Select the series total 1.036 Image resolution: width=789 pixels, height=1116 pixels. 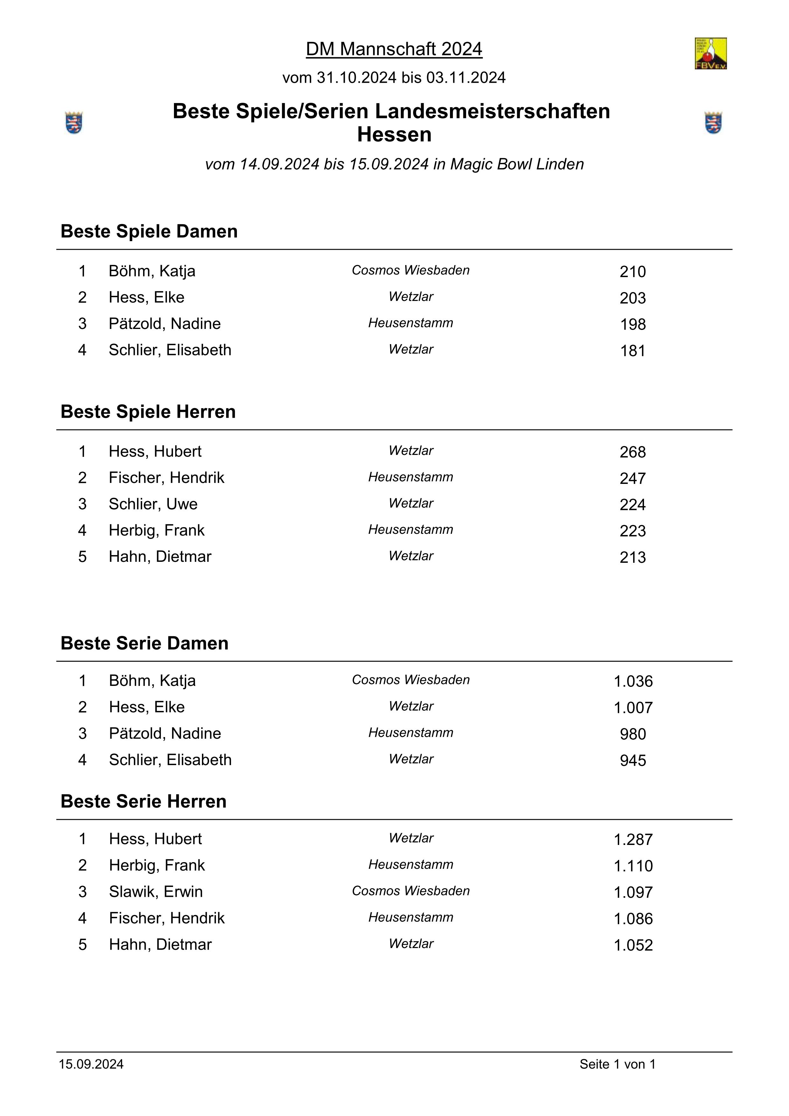pyautogui.click(x=633, y=681)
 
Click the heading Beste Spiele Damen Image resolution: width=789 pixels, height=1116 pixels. pyautogui.click(x=149, y=231)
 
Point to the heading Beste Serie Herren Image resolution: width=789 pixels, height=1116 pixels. pyautogui.click(x=143, y=801)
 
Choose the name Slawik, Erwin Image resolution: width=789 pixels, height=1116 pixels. pyautogui.click(x=156, y=892)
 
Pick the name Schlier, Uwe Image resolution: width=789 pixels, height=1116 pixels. pyautogui.click(x=153, y=504)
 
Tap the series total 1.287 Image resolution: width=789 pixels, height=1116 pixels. pyautogui.click(x=633, y=840)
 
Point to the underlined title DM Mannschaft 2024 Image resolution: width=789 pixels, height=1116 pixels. pyautogui.click(x=394, y=49)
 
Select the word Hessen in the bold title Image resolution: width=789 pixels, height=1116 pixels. pyautogui.click(x=394, y=135)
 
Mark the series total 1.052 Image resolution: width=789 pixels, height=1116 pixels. pyautogui.click(x=633, y=945)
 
